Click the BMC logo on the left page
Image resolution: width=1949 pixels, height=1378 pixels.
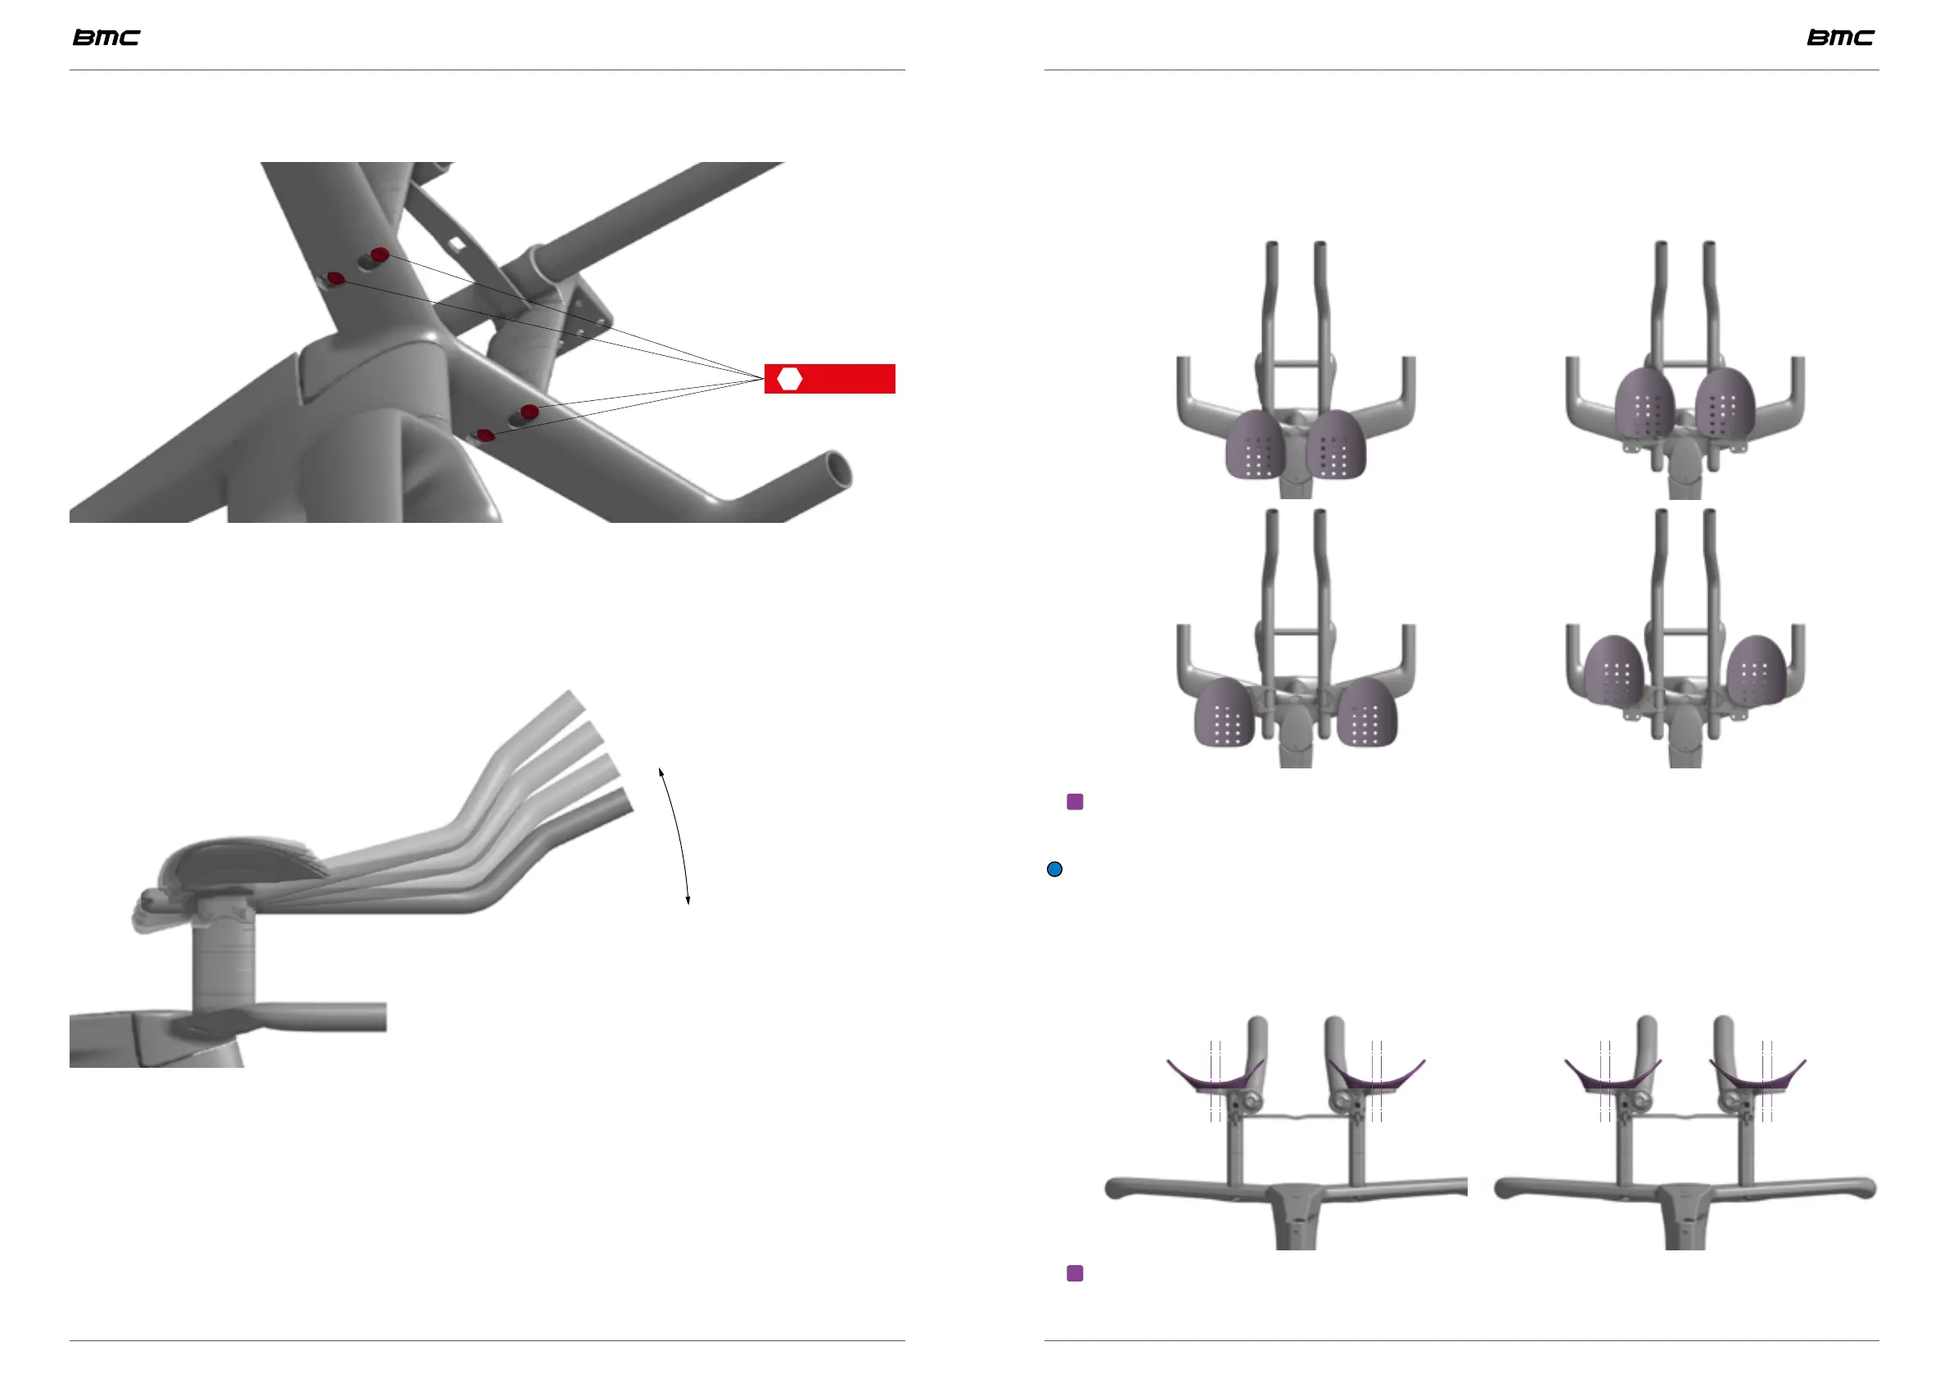point(106,38)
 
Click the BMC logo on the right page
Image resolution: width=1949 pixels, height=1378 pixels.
point(1840,38)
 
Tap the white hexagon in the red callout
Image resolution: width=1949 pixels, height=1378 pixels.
point(790,380)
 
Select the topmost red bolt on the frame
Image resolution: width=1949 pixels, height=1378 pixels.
point(381,254)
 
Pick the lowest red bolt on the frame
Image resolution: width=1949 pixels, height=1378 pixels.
point(485,435)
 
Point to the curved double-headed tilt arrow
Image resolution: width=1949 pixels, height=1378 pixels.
point(678,835)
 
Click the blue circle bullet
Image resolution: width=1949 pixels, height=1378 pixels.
point(1054,869)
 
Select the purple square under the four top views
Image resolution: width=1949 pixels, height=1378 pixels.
point(1075,802)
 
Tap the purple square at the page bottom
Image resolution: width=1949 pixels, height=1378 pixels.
point(1075,1272)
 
